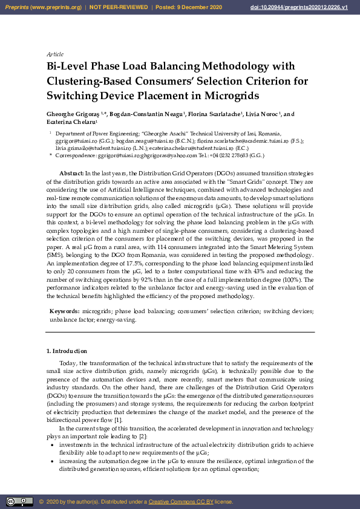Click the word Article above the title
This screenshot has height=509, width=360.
55,54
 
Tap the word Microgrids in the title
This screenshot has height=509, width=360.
231,96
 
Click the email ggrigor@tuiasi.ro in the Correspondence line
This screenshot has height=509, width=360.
116,155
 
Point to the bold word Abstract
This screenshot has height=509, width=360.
71,173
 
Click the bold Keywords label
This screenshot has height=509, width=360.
64,311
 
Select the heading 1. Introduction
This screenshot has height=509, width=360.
67,351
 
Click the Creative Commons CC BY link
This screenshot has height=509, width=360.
178,502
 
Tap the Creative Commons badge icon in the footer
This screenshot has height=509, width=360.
19,501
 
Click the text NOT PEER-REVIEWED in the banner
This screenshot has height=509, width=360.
119,7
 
